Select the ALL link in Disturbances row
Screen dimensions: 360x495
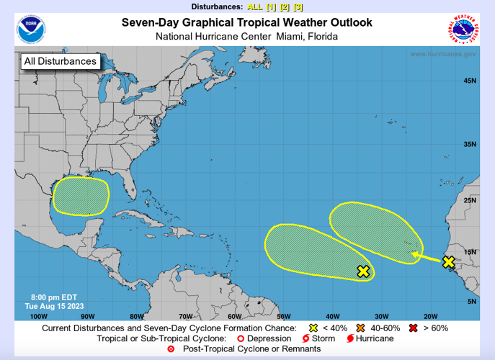pos(255,6)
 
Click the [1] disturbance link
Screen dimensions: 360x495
pos(271,6)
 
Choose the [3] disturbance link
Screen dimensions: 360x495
pos(298,6)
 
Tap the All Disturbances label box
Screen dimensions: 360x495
pos(61,61)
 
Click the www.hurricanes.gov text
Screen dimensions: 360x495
pos(442,54)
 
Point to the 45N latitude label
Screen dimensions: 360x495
pos(469,81)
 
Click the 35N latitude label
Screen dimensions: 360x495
pos(469,145)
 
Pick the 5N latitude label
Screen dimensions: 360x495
pos(471,301)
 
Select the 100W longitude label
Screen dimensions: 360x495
pos(39,316)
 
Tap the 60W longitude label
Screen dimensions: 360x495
pos(234,316)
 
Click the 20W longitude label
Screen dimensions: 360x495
pos(431,316)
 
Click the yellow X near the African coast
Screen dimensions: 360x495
pos(449,263)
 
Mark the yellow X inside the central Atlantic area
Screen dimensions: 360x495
pos(363,271)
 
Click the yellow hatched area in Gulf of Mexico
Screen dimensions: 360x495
pos(81,195)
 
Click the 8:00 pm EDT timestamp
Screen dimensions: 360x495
pos(50,297)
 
